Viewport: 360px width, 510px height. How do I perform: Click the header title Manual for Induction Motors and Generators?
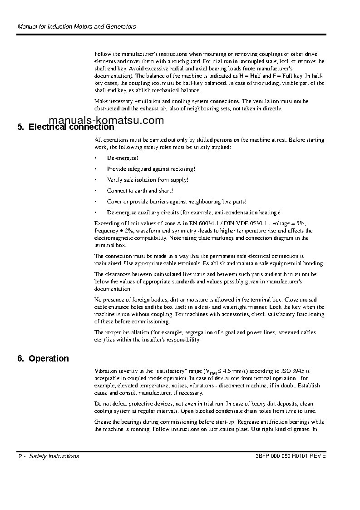coord(76,27)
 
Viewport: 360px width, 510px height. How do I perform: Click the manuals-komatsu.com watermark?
coord(106,121)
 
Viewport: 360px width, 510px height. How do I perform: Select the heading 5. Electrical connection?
coord(66,127)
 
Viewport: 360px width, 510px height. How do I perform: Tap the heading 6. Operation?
coord(43,359)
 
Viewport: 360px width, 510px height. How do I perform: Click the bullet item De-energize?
coord(123,158)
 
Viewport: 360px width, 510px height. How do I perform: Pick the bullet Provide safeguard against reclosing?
coord(151,169)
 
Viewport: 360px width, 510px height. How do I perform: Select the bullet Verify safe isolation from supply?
coord(147,180)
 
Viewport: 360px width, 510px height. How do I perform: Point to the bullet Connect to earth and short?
coord(139,191)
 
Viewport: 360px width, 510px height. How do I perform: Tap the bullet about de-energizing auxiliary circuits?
coord(193,213)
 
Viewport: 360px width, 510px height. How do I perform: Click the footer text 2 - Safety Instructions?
coord(48,456)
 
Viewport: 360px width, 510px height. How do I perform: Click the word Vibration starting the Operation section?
coord(105,371)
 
